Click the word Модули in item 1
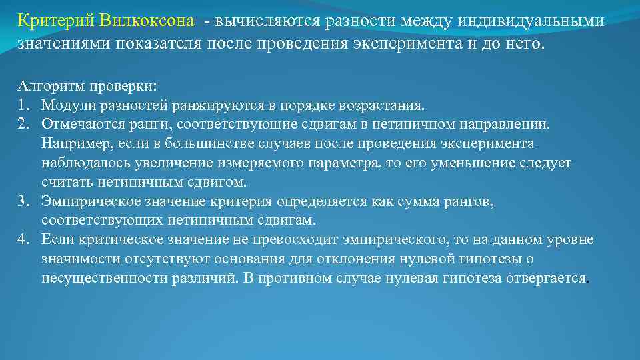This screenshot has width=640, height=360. coord(65,105)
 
